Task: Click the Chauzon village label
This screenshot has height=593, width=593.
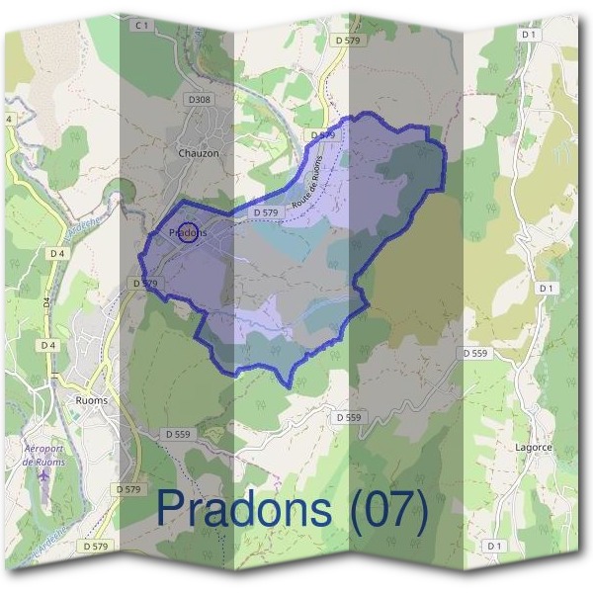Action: [199, 153]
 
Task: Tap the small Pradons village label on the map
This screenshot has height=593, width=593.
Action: [188, 233]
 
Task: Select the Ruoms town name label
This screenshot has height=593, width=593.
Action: [91, 401]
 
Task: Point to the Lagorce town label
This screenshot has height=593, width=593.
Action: [534, 447]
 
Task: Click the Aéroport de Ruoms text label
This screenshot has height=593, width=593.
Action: [42, 455]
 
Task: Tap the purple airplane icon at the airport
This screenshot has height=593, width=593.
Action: [42, 475]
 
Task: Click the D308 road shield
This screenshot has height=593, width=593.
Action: [200, 100]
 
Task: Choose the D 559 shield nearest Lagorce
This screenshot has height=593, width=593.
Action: [474, 353]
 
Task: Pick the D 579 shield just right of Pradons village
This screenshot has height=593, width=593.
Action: [263, 212]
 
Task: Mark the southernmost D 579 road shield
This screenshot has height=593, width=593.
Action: [96, 546]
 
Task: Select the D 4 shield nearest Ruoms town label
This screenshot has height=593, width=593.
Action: [47, 345]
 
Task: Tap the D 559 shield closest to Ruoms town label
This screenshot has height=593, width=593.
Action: [178, 434]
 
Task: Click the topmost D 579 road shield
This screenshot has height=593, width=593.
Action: [348, 40]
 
